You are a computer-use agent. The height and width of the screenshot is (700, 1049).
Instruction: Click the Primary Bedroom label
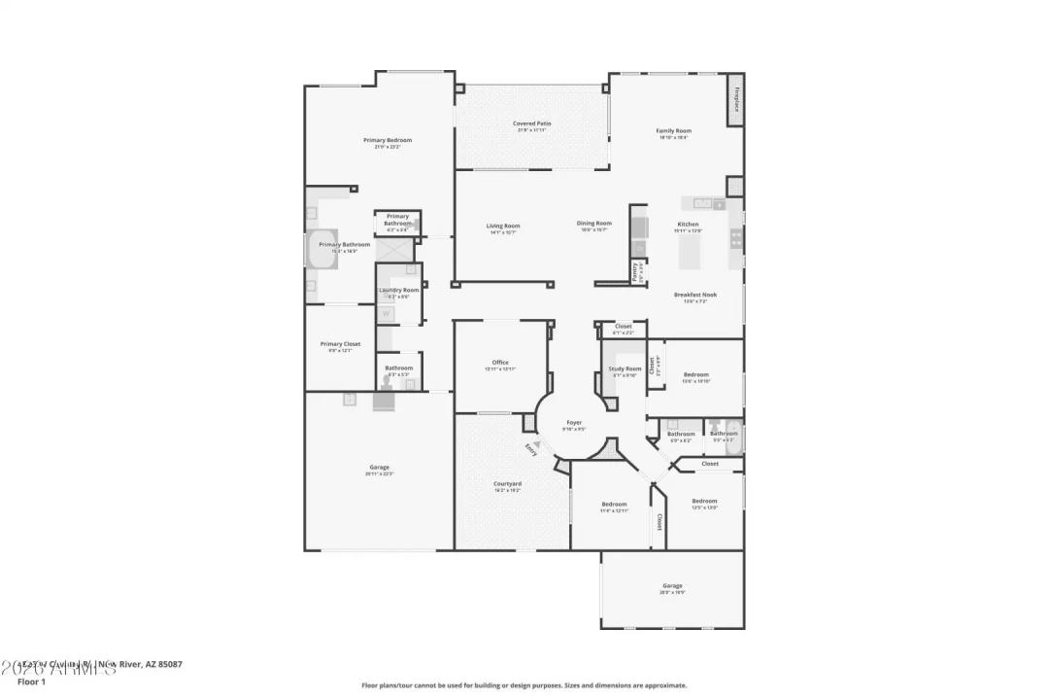pos(381,141)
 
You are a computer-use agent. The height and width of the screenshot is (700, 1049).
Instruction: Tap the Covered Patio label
pos(531,123)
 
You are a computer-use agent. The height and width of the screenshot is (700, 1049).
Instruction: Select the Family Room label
pos(673,130)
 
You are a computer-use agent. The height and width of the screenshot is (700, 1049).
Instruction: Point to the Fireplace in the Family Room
pos(735,100)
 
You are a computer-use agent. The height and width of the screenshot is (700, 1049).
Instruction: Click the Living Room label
pos(503,226)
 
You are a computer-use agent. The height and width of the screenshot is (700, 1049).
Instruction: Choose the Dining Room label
pos(594,223)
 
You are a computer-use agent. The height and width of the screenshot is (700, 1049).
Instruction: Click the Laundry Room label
pos(398,290)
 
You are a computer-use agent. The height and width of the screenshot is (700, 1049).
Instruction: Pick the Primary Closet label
pos(340,343)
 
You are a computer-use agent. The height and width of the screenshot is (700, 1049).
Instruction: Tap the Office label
pos(500,363)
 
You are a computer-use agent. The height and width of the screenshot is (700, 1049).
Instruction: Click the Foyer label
pos(574,423)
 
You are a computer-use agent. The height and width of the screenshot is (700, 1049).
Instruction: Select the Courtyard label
pos(507,483)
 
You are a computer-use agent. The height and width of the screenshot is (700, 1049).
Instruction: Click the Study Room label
pos(625,368)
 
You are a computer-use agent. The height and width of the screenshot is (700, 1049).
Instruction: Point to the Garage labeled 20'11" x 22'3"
pos(378,468)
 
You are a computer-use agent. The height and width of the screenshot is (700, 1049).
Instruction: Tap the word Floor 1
pos(31,682)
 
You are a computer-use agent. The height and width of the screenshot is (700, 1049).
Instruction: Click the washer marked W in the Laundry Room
pos(385,313)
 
